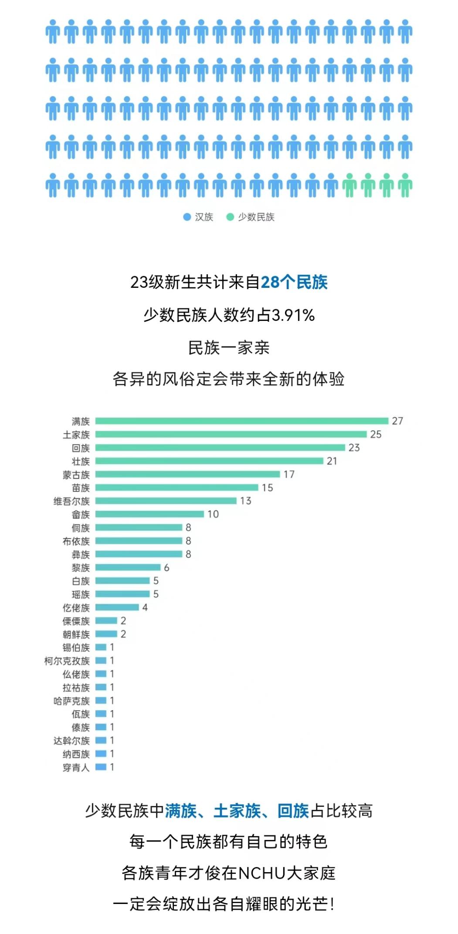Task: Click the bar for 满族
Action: tap(242, 421)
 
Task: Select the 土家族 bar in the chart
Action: tap(231, 434)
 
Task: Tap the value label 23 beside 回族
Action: tap(354, 448)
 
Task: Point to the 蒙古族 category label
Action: tap(76, 475)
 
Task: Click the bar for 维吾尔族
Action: tap(166, 501)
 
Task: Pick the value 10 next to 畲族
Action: tap(213, 514)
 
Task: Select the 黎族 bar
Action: tap(128, 567)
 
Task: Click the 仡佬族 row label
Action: tap(76, 607)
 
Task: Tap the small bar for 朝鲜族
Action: tap(106, 634)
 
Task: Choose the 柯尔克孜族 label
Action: tap(67, 661)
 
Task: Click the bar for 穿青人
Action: tap(101, 767)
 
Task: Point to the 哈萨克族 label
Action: tap(71, 701)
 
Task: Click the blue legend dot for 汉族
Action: tap(187, 217)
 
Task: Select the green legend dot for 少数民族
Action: tap(230, 217)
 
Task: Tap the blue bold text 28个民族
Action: tap(294, 282)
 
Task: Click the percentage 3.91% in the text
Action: tap(293, 315)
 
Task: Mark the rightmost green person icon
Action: tap(405, 185)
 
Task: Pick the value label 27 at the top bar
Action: tap(397, 421)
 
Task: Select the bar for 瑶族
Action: tap(122, 594)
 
